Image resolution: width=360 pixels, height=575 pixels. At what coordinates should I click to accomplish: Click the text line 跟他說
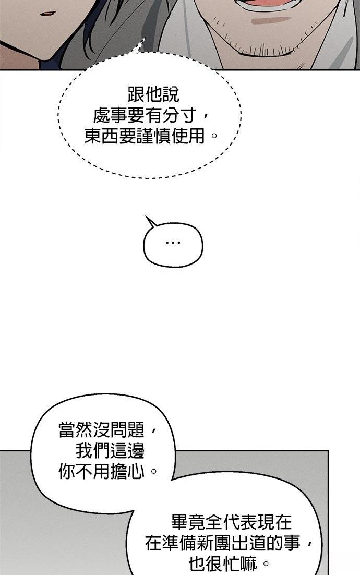[153, 94]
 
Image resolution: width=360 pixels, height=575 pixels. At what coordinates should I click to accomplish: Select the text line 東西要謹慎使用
[145, 136]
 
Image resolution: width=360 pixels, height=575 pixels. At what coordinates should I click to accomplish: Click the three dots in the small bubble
[173, 243]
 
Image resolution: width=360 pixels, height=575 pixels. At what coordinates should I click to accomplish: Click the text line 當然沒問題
[102, 429]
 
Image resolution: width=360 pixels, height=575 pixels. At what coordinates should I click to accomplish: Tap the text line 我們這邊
[110, 450]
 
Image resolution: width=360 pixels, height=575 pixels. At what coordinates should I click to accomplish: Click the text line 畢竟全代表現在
[231, 522]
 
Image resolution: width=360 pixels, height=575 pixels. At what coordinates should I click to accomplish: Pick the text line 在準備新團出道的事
[223, 543]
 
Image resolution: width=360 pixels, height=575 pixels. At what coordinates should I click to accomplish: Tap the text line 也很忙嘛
[223, 564]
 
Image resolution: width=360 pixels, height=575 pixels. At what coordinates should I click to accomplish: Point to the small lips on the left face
[47, 14]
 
